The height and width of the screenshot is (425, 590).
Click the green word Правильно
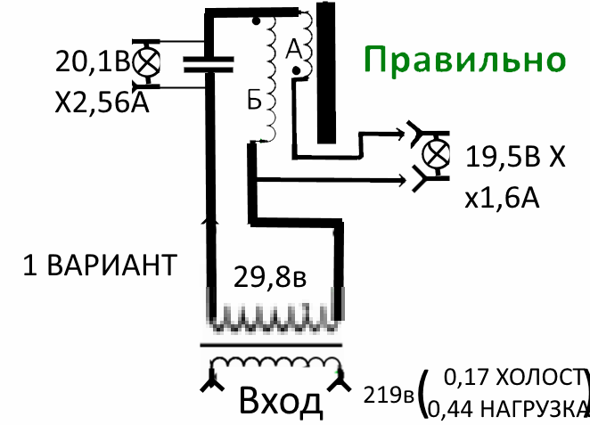pos(464,61)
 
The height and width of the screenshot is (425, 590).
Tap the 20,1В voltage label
pos(91,62)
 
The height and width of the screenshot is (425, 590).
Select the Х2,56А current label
pos(100,103)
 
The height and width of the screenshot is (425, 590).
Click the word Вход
pos(281,403)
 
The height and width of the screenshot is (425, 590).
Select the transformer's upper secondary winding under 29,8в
pos(275,316)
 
